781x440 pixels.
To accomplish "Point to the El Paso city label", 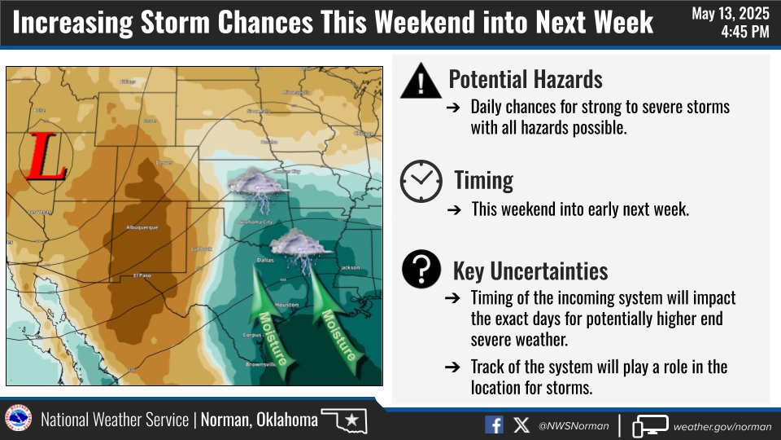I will [142, 276].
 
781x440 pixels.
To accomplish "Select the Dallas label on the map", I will [263, 260].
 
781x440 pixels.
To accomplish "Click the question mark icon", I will [421, 270].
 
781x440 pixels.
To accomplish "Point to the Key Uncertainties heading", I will [530, 271].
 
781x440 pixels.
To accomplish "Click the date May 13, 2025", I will [731, 14].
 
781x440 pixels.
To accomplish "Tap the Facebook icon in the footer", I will [494, 425].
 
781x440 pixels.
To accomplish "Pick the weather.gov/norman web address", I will [722, 425].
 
